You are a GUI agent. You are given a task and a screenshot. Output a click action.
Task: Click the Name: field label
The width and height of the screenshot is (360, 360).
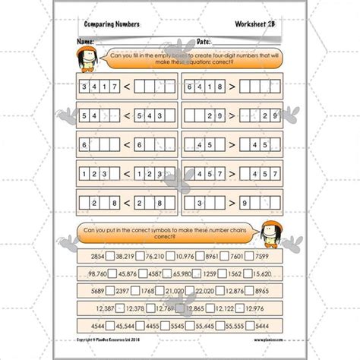(85, 40)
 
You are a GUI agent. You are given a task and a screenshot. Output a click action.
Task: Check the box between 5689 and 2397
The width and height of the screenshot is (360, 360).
(110, 288)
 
